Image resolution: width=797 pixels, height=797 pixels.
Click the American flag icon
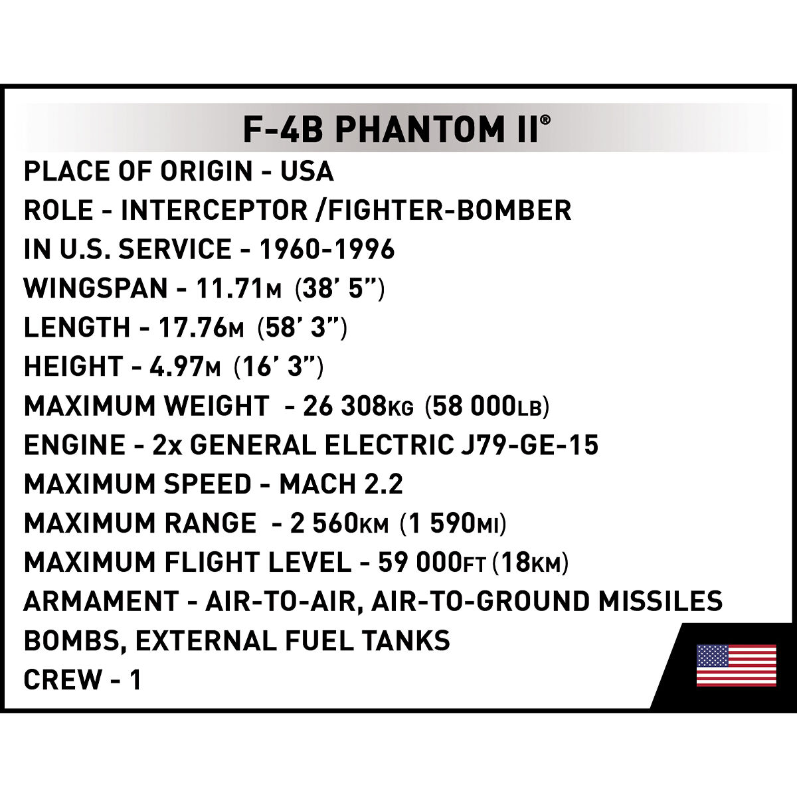pos(736,665)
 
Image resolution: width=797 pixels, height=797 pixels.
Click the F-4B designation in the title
pos(282,130)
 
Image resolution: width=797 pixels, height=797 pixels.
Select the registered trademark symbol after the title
pos(545,120)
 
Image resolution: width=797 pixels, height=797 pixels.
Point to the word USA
pos(306,171)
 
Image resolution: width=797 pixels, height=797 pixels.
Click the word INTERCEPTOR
pos(214,211)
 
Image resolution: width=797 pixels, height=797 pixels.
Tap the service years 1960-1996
pos(326,250)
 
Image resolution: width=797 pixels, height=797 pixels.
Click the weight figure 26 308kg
pos(357,406)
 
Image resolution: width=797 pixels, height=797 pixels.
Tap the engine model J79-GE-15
pos(529,445)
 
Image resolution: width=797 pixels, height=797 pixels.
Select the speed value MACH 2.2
pos(341,484)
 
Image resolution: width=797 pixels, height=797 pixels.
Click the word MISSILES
pos(660,602)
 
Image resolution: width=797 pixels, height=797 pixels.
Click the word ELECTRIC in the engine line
pos(387,445)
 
